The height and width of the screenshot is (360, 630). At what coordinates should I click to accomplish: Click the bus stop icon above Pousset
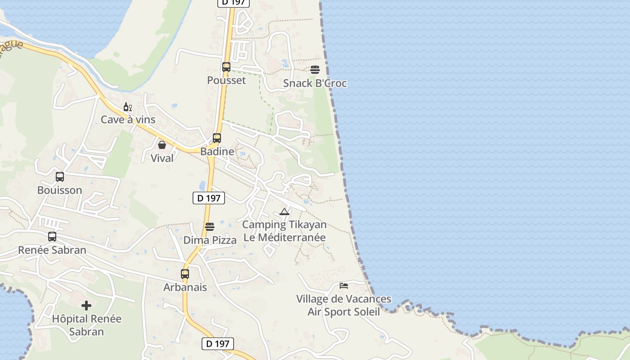[x=226, y=67]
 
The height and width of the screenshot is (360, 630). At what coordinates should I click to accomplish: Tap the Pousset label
[x=226, y=81]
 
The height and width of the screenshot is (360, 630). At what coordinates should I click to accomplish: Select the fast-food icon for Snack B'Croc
[x=315, y=70]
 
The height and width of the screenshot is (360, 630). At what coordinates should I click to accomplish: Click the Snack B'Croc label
[x=315, y=84]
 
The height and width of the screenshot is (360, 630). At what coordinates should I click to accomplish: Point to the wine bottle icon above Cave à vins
[x=128, y=107]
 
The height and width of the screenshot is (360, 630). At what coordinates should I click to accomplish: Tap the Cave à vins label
[x=128, y=120]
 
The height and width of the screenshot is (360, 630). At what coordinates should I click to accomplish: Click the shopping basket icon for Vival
[x=162, y=145]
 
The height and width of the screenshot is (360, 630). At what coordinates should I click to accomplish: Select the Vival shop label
[x=162, y=158]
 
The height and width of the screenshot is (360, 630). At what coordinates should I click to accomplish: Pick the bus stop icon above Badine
[x=217, y=138]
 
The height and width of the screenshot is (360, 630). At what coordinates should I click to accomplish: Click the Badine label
[x=217, y=152]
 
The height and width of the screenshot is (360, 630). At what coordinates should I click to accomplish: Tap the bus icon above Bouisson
[x=60, y=177]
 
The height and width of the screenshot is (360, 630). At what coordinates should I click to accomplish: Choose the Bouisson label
[x=60, y=190]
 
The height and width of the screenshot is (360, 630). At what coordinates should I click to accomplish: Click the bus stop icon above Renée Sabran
[x=52, y=237]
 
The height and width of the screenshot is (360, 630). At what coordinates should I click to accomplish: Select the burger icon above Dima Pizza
[x=210, y=226]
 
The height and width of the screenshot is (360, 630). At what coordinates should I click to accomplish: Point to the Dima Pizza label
[x=210, y=240]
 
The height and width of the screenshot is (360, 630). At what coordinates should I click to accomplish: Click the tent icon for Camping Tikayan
[x=284, y=211]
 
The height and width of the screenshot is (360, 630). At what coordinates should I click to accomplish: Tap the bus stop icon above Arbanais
[x=185, y=274]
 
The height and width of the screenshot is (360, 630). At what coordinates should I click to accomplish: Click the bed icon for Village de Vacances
[x=344, y=286]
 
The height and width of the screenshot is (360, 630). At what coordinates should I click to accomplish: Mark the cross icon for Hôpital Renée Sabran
[x=86, y=306]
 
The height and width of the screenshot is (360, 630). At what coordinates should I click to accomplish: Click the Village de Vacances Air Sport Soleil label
[x=344, y=306]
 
